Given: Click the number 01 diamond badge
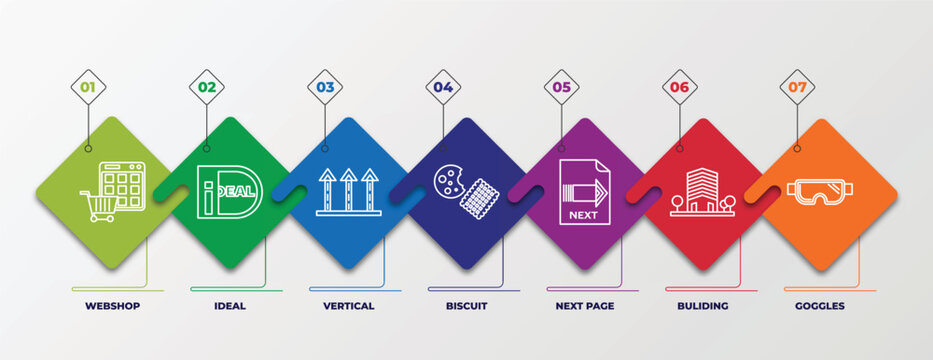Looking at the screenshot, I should click(x=88, y=87).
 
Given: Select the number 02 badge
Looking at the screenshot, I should click(x=206, y=87).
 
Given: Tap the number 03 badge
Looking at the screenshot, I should click(x=325, y=87).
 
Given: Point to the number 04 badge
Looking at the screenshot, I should click(x=443, y=87).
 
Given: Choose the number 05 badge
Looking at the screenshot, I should click(x=561, y=87).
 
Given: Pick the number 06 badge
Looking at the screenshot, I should click(x=680, y=87).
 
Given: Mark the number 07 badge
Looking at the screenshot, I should click(x=797, y=87).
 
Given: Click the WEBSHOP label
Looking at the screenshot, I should click(x=113, y=306).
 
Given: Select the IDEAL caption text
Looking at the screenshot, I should click(x=230, y=306).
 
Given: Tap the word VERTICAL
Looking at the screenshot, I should click(x=349, y=306).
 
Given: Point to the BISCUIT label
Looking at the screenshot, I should click(x=467, y=306).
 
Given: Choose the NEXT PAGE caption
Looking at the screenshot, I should click(x=585, y=306).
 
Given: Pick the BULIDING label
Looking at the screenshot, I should click(x=704, y=306).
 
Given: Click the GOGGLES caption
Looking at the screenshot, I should click(x=821, y=306).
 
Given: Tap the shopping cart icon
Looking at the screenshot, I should click(x=100, y=206).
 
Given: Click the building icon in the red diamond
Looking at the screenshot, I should click(x=702, y=191).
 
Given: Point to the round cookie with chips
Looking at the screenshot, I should click(x=447, y=179).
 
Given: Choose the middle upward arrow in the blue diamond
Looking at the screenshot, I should click(x=348, y=190).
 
